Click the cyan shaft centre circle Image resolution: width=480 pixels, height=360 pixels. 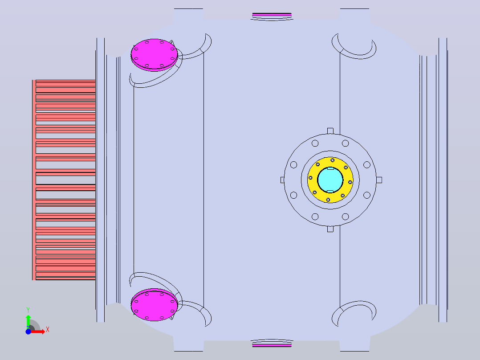[x=330, y=180]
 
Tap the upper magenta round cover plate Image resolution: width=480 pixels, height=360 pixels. [x=154, y=55]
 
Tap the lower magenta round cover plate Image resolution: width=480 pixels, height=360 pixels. [x=154, y=305]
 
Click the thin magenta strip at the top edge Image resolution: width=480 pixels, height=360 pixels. [x=272, y=14]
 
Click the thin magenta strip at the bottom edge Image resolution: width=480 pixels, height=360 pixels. [x=272, y=345]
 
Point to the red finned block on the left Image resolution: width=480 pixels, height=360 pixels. [x=64, y=180]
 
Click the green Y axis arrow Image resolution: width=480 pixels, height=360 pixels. [x=28, y=322]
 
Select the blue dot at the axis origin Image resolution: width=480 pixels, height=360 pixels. [x=28, y=331]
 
